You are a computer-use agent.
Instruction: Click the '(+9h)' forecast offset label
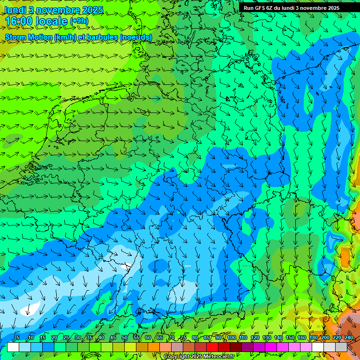click(x=79, y=21)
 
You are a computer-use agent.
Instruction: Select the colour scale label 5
click(x=18, y=338)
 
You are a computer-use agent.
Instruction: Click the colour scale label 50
click(x=125, y=338)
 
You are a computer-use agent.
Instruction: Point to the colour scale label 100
click(x=232, y=338)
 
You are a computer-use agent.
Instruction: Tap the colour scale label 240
click(x=349, y=338)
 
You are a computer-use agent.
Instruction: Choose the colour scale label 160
click(x=302, y=338)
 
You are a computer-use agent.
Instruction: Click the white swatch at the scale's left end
click(x=13, y=347)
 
